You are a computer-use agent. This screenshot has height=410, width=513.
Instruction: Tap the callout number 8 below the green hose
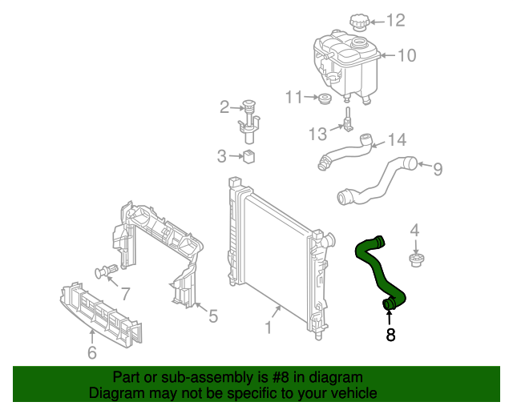390,336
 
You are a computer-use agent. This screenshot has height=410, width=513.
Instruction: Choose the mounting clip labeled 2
251,119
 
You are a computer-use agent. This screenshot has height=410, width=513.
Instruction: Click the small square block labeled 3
248,155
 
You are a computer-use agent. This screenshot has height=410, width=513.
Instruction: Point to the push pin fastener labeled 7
104,271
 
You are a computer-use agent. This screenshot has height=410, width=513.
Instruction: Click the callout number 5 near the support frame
212,317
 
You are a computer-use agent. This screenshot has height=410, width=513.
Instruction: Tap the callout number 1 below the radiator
269,328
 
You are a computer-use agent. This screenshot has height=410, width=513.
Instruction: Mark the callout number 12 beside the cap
397,21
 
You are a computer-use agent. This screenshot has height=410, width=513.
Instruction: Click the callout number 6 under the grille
91,352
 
